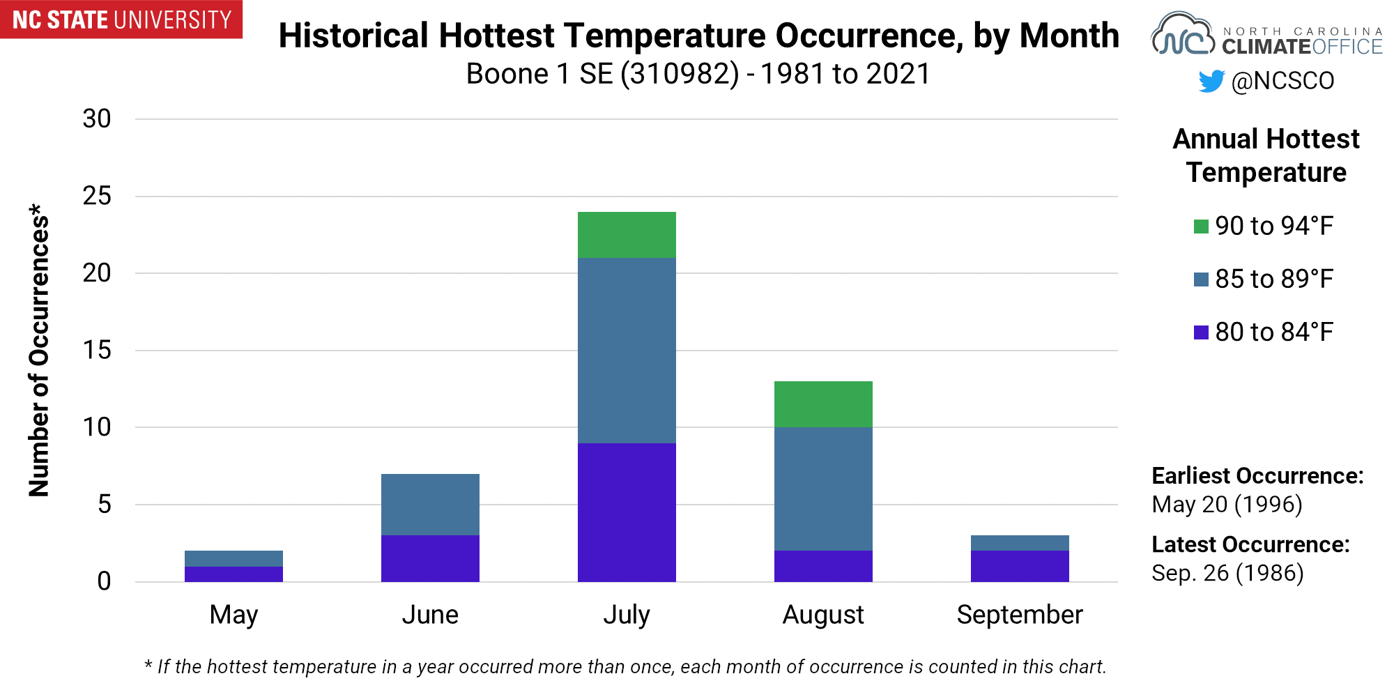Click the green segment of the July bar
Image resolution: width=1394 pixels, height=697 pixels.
pyautogui.click(x=627, y=235)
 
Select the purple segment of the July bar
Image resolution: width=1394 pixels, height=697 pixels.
pyautogui.click(x=627, y=512)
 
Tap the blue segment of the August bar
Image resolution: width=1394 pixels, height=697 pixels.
pyautogui.click(x=823, y=489)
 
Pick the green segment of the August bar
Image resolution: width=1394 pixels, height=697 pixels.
pyautogui.click(x=823, y=404)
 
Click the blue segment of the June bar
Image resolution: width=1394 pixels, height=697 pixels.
pyautogui.click(x=430, y=505)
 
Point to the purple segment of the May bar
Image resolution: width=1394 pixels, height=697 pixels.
pyautogui.click(x=233, y=574)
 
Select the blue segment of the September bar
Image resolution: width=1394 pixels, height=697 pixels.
pyautogui.click(x=1020, y=543)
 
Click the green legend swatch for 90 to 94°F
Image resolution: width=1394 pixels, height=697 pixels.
pyautogui.click(x=1201, y=227)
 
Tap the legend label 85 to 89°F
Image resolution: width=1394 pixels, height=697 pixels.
pyautogui.click(x=1274, y=279)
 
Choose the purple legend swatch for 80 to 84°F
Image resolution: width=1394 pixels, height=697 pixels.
pyautogui.click(x=1201, y=332)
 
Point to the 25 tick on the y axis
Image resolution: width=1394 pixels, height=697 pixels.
pyautogui.click(x=97, y=196)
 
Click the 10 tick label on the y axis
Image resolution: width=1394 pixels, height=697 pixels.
pyautogui.click(x=97, y=427)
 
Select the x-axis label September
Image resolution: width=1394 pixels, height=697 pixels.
pyautogui.click(x=1020, y=615)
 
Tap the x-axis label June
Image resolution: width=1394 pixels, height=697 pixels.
pyautogui.click(x=430, y=615)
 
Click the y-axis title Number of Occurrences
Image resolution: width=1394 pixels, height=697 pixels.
pyautogui.click(x=39, y=351)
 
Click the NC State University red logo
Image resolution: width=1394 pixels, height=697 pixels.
pyautogui.click(x=121, y=20)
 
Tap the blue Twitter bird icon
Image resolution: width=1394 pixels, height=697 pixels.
pyautogui.click(x=1211, y=81)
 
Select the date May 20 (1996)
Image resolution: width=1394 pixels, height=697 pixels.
pyautogui.click(x=1227, y=504)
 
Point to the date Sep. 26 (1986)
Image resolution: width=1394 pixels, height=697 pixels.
pyautogui.click(x=1227, y=573)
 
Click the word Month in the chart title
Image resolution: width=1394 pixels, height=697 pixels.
pyautogui.click(x=1069, y=36)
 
